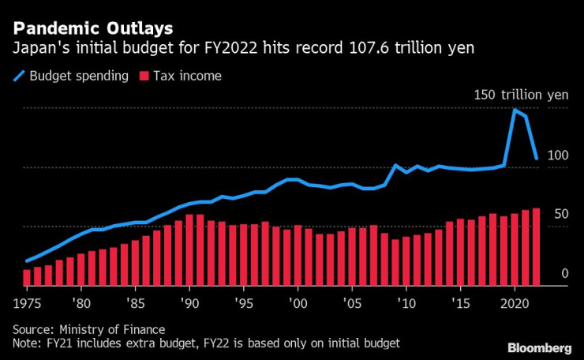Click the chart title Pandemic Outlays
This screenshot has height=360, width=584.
point(92,29)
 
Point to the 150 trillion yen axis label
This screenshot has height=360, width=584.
point(520,95)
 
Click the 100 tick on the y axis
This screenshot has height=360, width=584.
point(558,156)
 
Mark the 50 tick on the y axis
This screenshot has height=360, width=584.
point(561,214)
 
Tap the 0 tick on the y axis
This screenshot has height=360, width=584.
point(565,273)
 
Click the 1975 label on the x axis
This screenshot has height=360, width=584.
point(28,303)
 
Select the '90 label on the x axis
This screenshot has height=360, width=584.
point(189,303)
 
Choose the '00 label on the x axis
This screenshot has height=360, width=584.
point(298,303)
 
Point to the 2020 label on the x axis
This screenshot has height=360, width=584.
point(515,303)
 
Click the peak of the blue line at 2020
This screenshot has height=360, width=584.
point(515,110)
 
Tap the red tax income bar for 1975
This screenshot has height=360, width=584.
point(27,277)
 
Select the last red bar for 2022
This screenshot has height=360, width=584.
point(536,246)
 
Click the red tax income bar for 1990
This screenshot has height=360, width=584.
point(189,249)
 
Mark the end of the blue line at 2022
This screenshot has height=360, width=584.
point(537,159)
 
